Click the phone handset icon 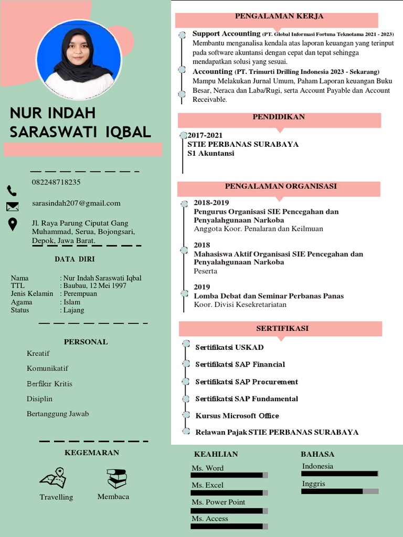point(12,190)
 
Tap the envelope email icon point(13,207)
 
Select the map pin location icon point(13,224)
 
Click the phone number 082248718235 point(56,182)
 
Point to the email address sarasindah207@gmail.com point(76,203)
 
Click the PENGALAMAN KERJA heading point(279,16)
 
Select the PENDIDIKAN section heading point(279,117)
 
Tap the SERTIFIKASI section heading point(282,328)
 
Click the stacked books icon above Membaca point(116,478)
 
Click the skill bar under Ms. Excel point(229,493)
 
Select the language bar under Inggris point(340,491)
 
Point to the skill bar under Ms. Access point(229,526)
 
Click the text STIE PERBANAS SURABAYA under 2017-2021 point(243,144)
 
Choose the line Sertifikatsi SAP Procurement point(247,382)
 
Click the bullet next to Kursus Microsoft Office point(185,415)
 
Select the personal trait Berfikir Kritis point(49,384)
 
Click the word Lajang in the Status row point(73,310)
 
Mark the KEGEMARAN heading point(92,453)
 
